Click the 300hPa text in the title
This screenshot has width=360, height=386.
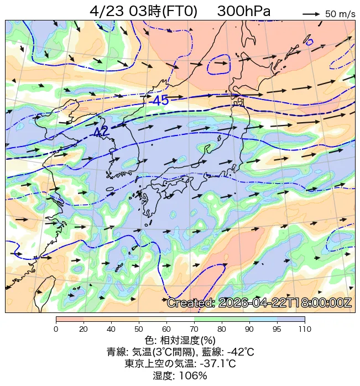244,11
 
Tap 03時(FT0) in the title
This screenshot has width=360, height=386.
163,11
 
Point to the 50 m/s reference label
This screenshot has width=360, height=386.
340,14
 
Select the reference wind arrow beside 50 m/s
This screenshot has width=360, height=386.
311,14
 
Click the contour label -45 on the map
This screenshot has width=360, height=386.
160,101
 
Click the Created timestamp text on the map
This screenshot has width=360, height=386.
259,303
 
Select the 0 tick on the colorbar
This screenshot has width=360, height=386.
56,329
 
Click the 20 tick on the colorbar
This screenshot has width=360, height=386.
84,329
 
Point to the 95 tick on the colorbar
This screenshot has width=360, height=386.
277,329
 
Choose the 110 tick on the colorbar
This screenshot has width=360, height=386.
304,329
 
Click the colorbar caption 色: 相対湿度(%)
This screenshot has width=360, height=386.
180,340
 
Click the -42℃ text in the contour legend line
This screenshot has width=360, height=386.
238,352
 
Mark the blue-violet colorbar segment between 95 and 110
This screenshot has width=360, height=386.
291,319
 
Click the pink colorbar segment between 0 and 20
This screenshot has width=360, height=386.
70,319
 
